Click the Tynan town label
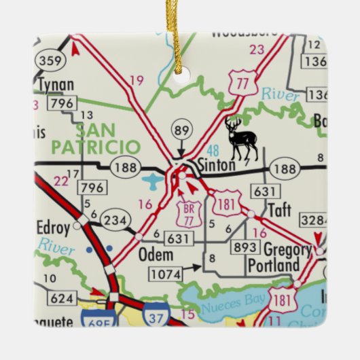pos(56,86)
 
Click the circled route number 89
pos(181,130)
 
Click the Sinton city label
pos(217,165)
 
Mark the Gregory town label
pos(287,249)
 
